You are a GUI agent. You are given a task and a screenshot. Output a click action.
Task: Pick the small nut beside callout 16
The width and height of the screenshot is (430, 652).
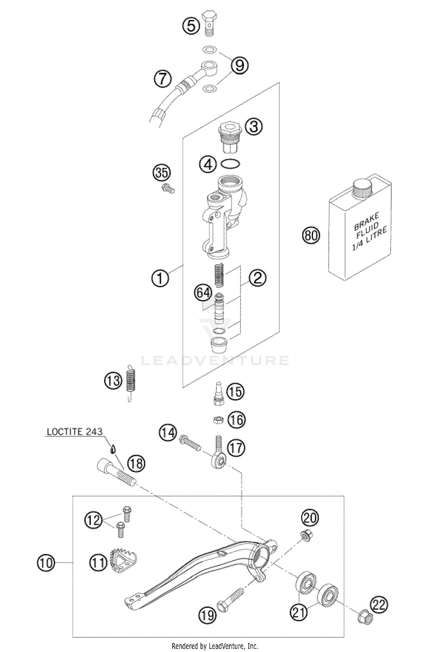(218, 420)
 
